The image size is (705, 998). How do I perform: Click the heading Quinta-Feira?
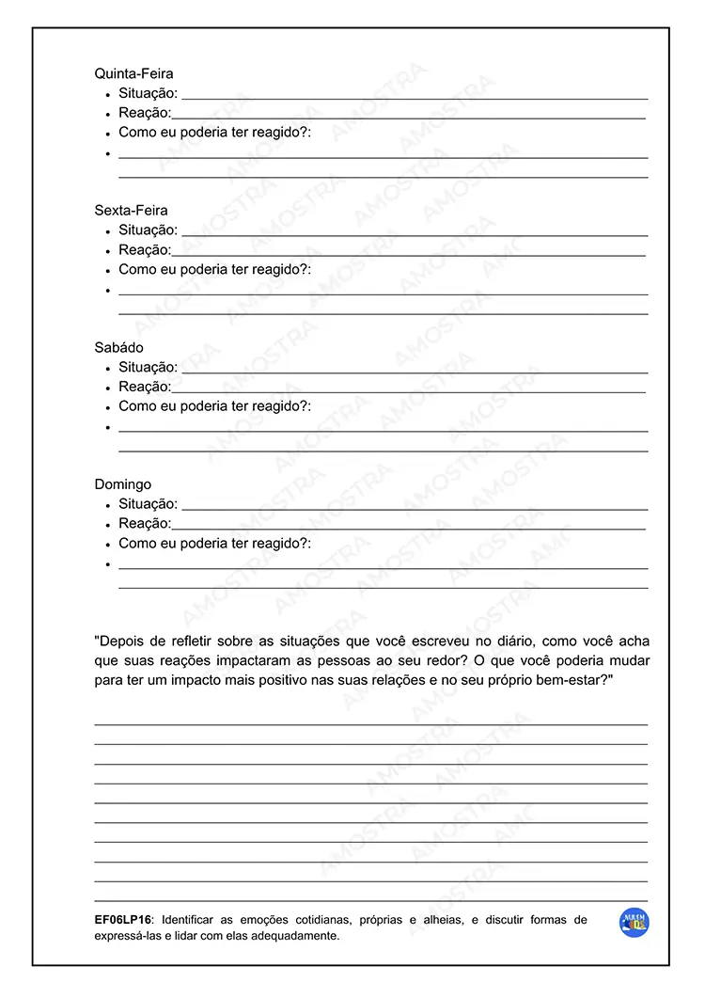133,73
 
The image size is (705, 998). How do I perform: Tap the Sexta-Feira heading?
131,211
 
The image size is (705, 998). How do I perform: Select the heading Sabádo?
118,348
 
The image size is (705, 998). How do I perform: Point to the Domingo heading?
122,484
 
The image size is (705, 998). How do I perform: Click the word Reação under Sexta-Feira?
145,250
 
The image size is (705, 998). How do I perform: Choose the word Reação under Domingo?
145,524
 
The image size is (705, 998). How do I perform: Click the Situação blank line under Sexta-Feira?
415,234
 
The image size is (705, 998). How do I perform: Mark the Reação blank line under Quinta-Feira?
409,118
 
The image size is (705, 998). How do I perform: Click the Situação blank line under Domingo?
415,509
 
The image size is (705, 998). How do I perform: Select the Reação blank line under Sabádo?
409,391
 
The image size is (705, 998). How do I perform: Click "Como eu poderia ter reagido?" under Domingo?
214,544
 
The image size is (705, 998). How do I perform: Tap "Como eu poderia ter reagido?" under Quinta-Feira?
214,133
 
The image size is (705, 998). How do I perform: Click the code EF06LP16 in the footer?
123,920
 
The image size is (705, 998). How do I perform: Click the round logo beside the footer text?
634,923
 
